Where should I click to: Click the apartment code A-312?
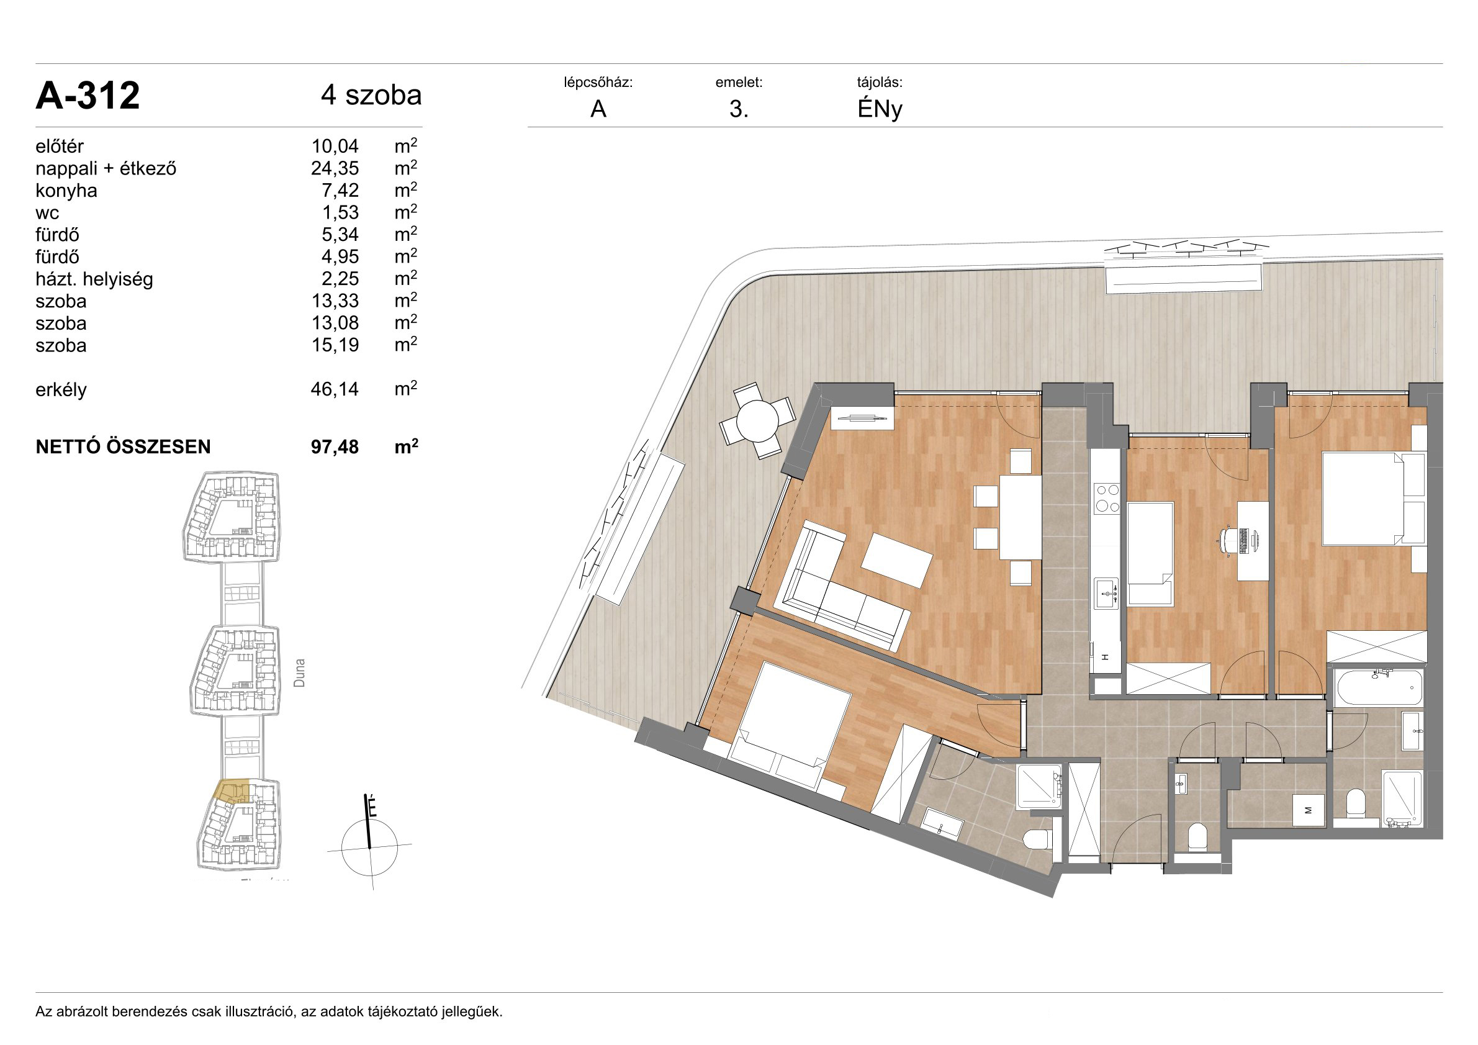[88, 96]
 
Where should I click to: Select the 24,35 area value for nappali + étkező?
[335, 169]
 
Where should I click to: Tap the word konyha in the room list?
[66, 191]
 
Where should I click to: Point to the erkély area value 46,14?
[335, 389]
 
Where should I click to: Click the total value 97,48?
[335, 447]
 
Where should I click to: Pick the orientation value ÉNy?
[880, 109]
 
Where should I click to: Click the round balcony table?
[758, 421]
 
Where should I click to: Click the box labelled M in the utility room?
[1308, 811]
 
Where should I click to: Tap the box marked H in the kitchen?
[1106, 658]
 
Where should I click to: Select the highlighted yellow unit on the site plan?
[232, 790]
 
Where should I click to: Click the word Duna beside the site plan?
[299, 672]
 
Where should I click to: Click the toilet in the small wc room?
[1198, 836]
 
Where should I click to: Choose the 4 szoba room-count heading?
[371, 95]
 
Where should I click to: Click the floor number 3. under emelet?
[738, 109]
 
